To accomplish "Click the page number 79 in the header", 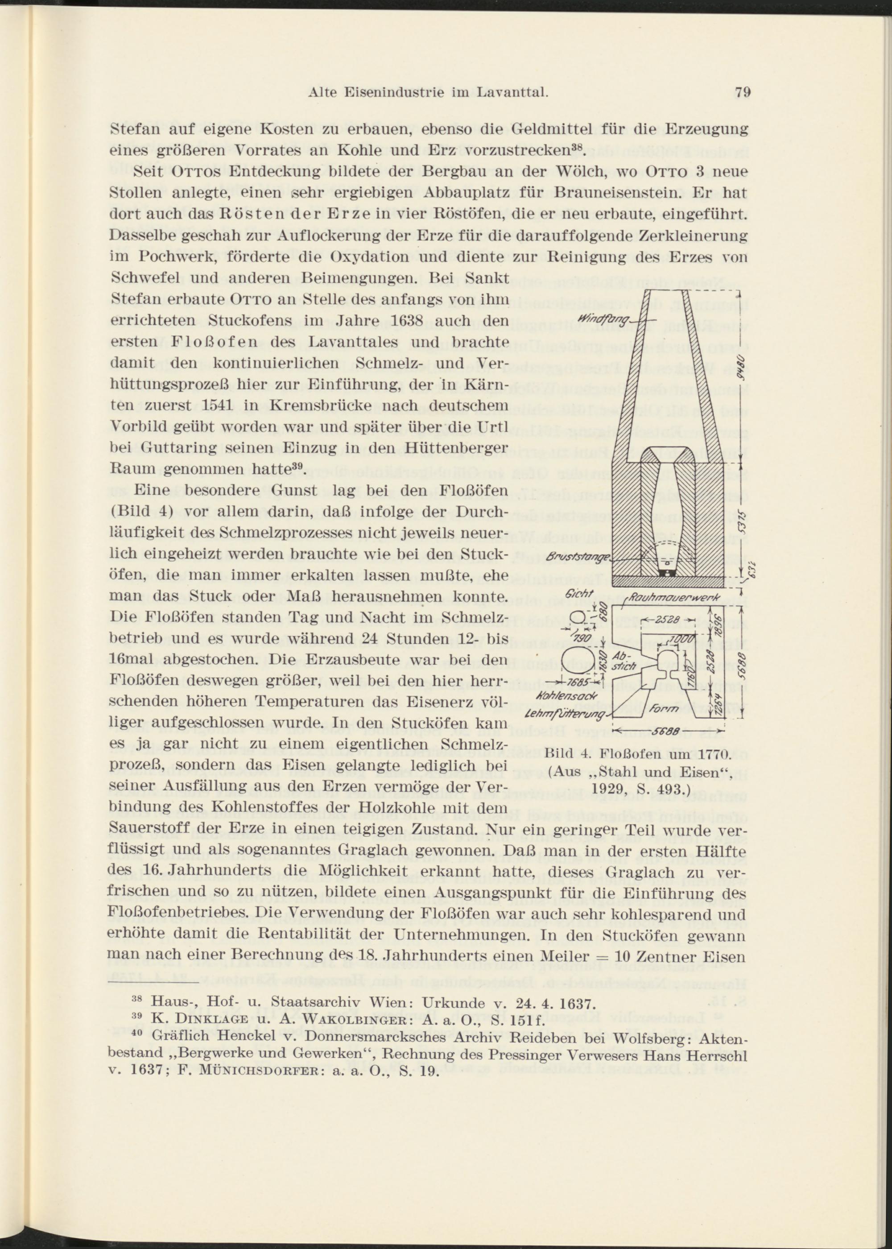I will (742, 92).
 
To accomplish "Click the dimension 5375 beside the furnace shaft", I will (743, 522).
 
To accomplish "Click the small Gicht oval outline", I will (579, 619).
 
